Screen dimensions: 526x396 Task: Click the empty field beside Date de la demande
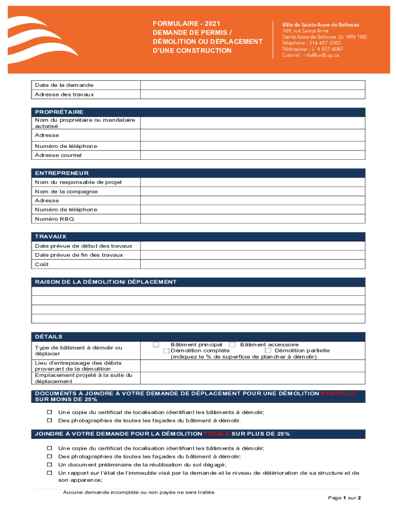click(253, 85)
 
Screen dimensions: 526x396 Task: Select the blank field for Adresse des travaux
click(253, 95)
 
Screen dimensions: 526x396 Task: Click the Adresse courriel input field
click(253, 155)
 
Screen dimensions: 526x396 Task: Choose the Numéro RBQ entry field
click(253, 219)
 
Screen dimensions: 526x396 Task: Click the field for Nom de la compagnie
click(253, 192)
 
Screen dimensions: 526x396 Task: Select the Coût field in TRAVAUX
click(253, 264)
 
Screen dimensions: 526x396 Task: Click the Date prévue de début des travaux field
click(253, 246)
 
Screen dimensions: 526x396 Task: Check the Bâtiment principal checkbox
click(156, 345)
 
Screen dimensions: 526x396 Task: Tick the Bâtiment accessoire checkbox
click(232, 345)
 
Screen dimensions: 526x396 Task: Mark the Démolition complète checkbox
click(166, 351)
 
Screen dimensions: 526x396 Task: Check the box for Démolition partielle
click(268, 351)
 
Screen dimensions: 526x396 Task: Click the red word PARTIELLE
click(338, 393)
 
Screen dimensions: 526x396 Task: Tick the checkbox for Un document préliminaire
click(50, 464)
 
